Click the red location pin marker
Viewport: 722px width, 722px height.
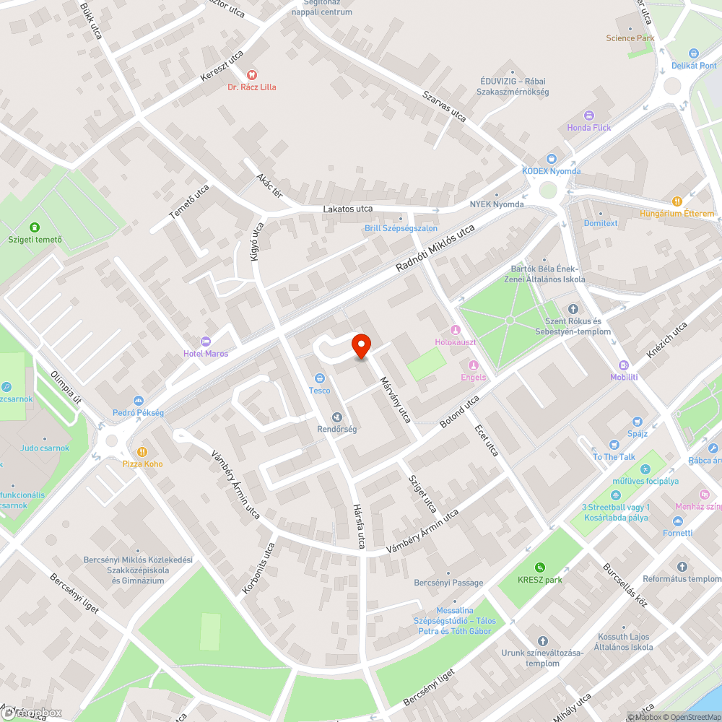(x=361, y=346)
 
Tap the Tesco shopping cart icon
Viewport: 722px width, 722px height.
(x=319, y=378)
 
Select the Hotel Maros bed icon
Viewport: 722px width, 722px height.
(x=206, y=341)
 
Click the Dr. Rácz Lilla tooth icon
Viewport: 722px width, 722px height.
(x=251, y=74)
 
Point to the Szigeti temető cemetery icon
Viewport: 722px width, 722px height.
(x=35, y=227)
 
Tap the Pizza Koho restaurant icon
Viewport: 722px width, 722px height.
(x=143, y=451)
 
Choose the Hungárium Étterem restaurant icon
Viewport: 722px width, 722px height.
(x=677, y=201)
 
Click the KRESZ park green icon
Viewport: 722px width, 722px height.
(x=539, y=567)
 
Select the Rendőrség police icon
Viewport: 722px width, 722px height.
(x=336, y=417)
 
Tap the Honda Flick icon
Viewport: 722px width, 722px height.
(x=588, y=116)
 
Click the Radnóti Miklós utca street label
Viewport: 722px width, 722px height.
(x=435, y=248)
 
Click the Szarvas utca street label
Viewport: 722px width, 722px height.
(x=444, y=106)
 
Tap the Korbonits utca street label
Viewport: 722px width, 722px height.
(x=258, y=568)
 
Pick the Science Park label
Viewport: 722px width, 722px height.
(x=630, y=38)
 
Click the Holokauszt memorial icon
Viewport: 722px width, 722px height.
(x=456, y=330)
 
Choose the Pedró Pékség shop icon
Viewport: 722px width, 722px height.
(x=138, y=401)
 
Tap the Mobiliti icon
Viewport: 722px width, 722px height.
(x=624, y=365)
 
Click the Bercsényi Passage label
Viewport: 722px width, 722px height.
(x=448, y=583)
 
